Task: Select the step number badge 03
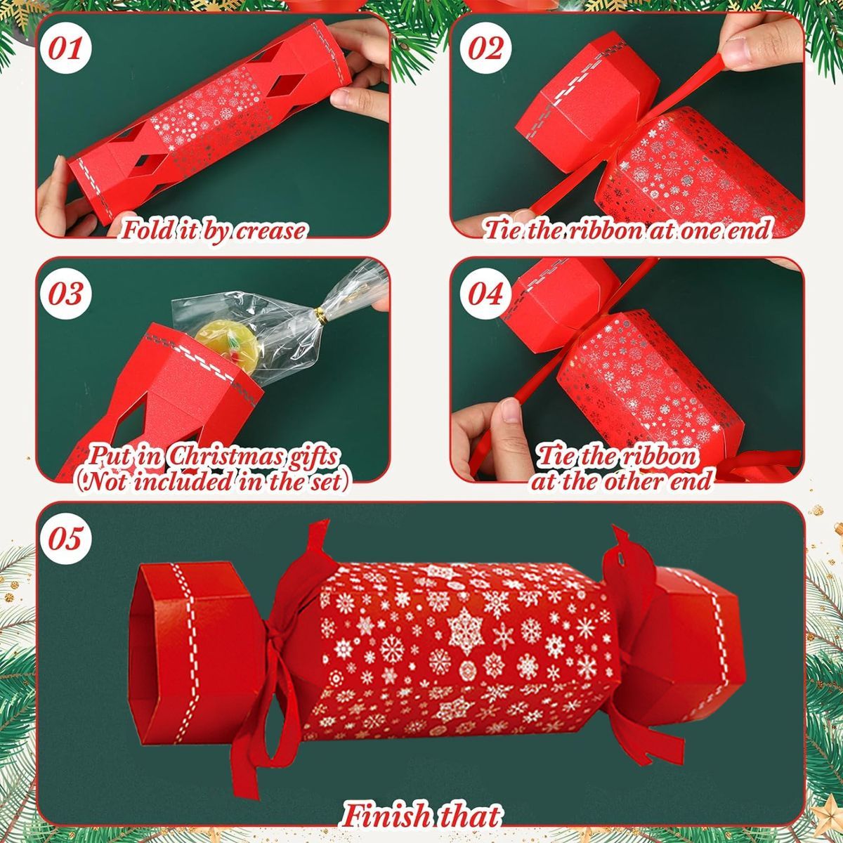(69, 293)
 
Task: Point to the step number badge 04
(485, 293)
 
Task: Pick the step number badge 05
(69, 539)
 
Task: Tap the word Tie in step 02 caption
(504, 230)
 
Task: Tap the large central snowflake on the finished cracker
(464, 625)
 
